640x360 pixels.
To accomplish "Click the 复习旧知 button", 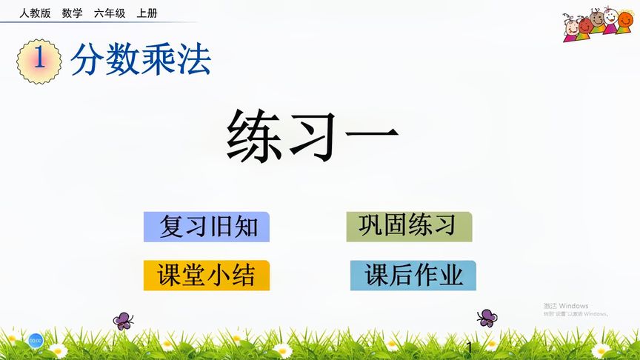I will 207,227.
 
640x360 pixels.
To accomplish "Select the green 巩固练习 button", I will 409,226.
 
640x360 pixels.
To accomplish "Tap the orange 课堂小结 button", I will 207,276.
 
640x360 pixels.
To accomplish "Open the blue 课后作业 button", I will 413,276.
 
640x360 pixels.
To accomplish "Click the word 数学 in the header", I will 73,13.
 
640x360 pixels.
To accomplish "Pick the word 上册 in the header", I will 147,13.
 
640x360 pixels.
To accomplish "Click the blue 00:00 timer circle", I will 36,340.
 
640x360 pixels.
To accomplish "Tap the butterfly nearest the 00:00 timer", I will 123,321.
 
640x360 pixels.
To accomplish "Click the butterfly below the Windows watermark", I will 487,318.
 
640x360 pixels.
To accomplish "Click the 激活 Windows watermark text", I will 566,306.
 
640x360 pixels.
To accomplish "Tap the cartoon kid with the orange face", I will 584,24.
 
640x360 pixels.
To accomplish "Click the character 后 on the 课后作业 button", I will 401,276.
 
